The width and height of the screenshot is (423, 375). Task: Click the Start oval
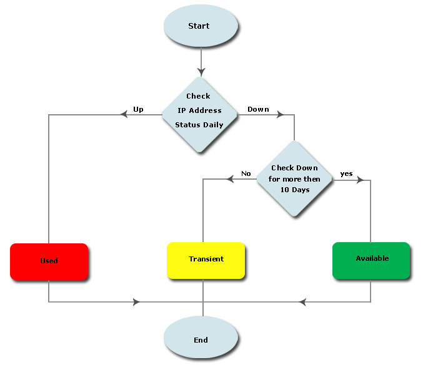coord(201,26)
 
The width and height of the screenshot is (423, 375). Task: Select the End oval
coord(201,340)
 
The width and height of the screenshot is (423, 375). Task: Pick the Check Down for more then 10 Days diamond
coord(294,179)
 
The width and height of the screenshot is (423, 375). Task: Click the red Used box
coord(49,261)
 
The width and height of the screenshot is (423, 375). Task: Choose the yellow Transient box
coord(206,259)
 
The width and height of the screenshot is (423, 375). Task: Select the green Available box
coord(372,259)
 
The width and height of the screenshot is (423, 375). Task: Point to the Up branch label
coord(138,109)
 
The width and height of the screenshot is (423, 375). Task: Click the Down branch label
coord(258,109)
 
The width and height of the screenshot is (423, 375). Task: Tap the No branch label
coord(246,173)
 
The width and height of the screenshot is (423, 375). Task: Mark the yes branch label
coord(346,173)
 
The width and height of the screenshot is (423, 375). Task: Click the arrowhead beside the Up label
coord(125,115)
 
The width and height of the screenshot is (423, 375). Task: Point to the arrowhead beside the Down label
coord(280,115)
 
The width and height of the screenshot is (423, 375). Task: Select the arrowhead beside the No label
coord(230,180)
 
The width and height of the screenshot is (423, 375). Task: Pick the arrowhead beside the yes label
coord(359,180)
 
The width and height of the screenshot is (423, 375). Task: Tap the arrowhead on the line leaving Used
coord(136,303)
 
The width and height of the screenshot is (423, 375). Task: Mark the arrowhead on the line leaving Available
coord(303,303)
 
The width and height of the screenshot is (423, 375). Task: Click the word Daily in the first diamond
coord(212,125)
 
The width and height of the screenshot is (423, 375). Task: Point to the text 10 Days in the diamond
coord(295,190)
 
